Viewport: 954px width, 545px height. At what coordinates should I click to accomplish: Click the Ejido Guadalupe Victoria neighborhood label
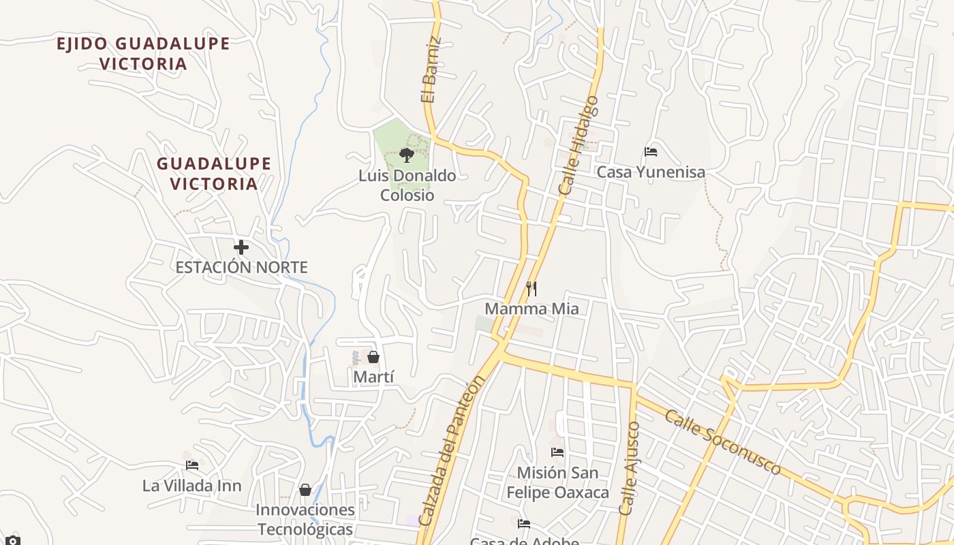(143, 54)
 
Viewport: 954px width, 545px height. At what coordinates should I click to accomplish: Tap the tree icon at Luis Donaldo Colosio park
(407, 155)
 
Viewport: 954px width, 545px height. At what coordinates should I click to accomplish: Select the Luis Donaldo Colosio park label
(407, 185)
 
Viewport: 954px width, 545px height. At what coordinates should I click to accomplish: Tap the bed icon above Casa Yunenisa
(651, 152)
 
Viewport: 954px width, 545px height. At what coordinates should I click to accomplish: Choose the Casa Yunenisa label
(651, 172)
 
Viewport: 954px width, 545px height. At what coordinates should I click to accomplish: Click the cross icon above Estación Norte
(241, 247)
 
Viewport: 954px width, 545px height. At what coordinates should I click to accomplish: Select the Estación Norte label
(241, 267)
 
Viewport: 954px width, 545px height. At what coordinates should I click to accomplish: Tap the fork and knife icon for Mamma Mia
(532, 289)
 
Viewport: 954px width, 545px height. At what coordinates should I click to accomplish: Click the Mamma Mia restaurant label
(532, 309)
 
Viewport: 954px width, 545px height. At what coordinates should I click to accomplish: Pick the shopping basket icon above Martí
(373, 357)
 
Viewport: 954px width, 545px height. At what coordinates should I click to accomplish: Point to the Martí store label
(373, 377)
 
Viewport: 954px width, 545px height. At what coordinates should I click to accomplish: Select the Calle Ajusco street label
(630, 468)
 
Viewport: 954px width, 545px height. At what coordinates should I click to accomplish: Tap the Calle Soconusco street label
(723, 442)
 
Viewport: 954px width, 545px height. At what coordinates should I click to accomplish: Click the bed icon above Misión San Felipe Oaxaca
(557, 452)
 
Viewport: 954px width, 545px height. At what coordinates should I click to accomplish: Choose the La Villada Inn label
(192, 486)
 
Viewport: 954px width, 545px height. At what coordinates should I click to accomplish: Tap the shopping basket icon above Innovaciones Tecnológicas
(305, 490)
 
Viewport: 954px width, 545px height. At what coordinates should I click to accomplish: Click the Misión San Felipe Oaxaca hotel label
(557, 482)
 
